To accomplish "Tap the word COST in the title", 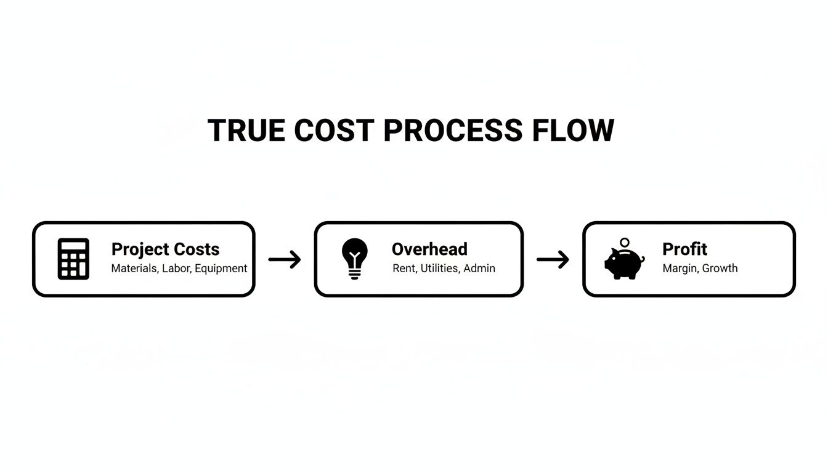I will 334,131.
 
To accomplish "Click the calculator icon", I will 73,259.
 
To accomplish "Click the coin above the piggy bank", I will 625,243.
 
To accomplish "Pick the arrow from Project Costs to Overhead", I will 285,259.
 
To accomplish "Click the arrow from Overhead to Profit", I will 553,259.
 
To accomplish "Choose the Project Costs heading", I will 165,249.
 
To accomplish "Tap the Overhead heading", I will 429,249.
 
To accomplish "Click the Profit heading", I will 684,249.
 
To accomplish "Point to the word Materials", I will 134,269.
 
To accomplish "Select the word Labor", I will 176,269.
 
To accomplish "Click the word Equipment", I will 221,269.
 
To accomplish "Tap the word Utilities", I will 439,269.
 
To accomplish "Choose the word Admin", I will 479,269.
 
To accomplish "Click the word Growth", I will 720,269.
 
